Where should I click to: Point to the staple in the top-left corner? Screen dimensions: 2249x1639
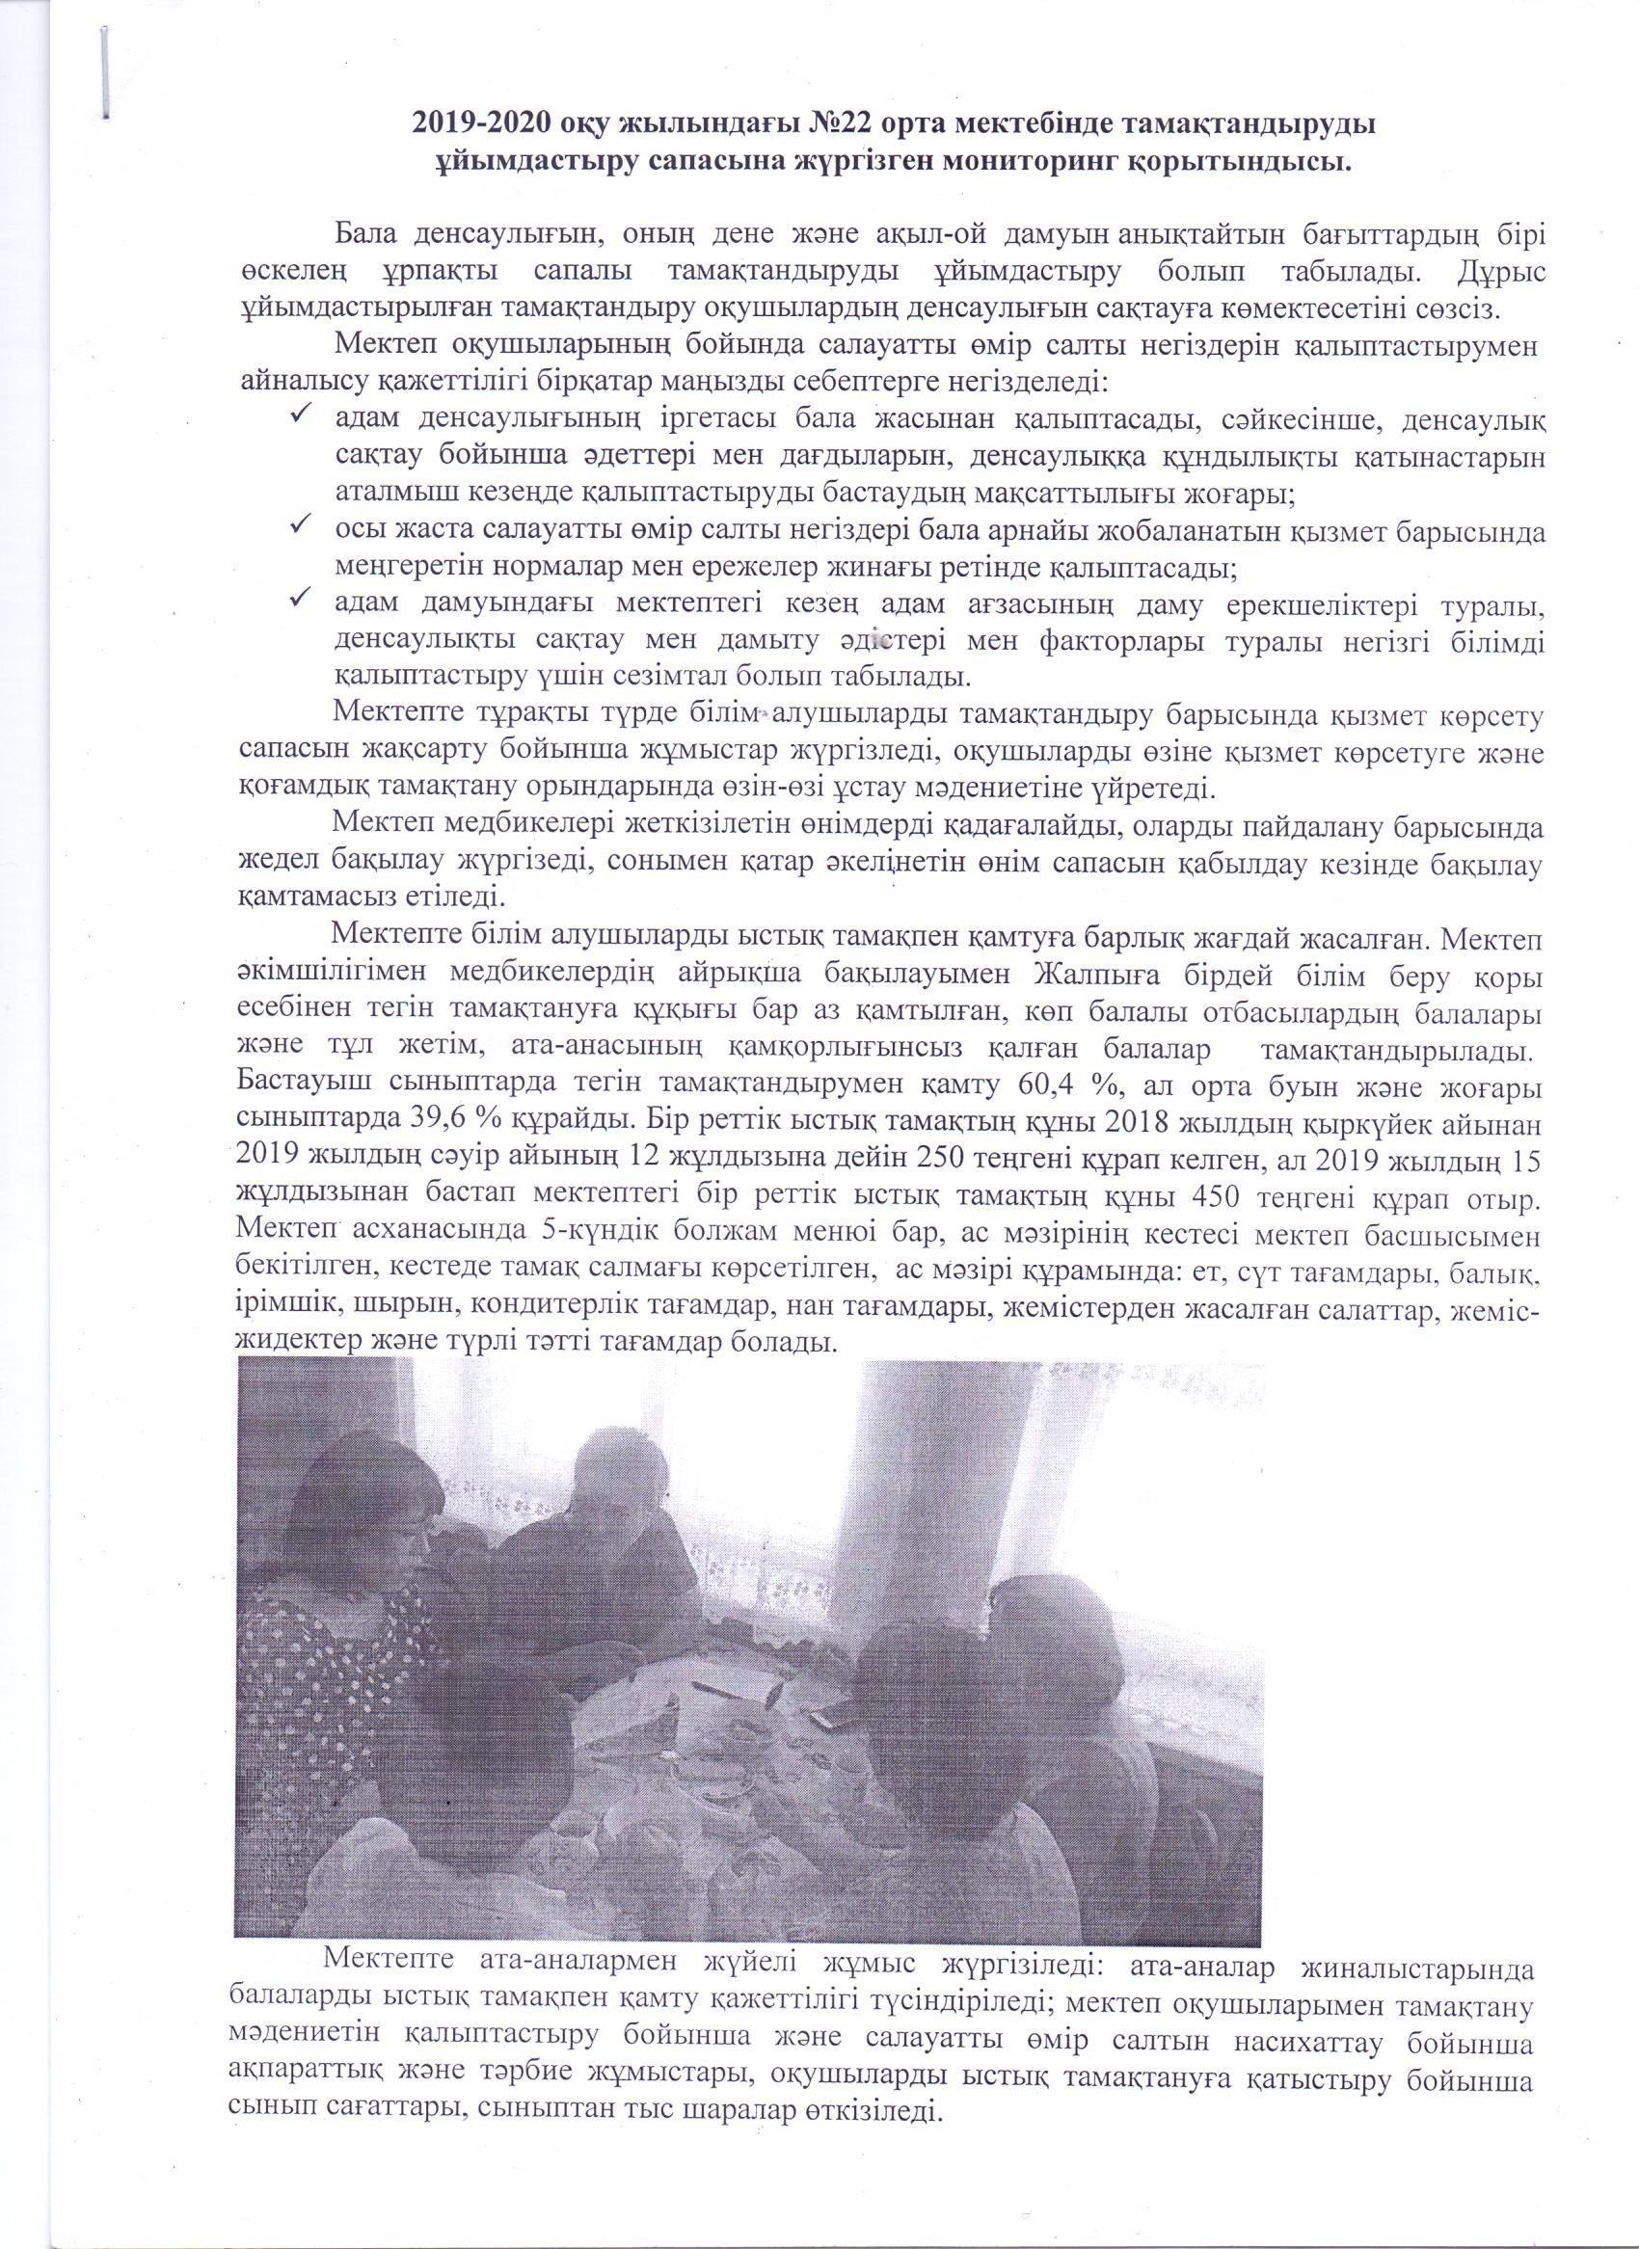pos(106,67)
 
